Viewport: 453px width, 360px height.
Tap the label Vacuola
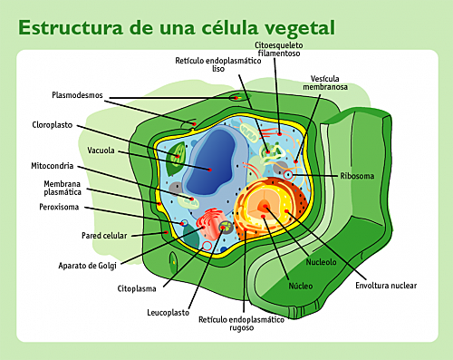click(x=101, y=150)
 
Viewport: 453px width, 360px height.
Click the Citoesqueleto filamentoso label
click(x=280, y=48)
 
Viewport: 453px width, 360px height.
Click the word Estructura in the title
click(x=68, y=26)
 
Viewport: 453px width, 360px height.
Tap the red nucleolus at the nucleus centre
click(x=264, y=208)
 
